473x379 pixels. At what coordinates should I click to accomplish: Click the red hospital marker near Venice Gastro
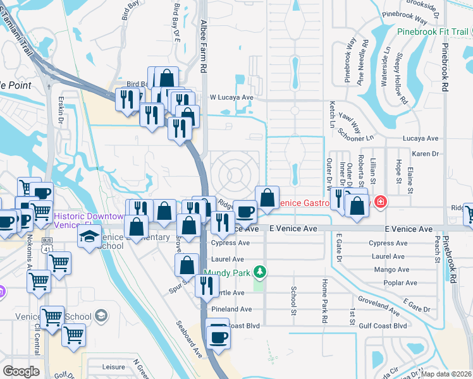(380, 203)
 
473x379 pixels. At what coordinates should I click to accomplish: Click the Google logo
(21, 371)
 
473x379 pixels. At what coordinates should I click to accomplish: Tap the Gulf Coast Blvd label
(382, 326)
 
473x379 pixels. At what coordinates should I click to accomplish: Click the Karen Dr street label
(425, 153)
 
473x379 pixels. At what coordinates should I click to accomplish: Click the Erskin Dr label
(60, 112)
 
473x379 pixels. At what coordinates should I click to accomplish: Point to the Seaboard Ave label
(188, 340)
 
